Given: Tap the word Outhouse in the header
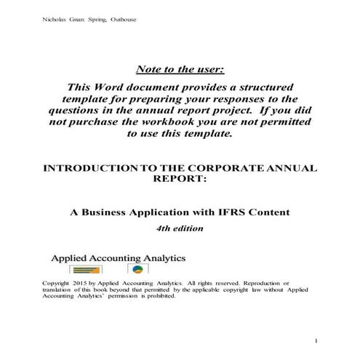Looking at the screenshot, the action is [121, 19].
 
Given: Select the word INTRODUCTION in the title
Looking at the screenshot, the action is [87, 168].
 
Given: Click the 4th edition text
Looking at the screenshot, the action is [180, 228].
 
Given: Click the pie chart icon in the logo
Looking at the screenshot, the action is [136, 270].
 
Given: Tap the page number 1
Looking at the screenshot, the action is [317, 340].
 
